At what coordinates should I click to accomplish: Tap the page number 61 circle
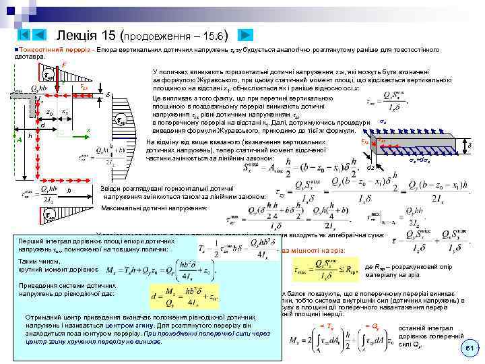point(470,347)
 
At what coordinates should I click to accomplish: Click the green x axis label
point(88,129)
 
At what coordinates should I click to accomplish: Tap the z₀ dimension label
point(48,112)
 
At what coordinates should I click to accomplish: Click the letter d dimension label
point(42,125)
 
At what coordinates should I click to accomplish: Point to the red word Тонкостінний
point(39,50)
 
